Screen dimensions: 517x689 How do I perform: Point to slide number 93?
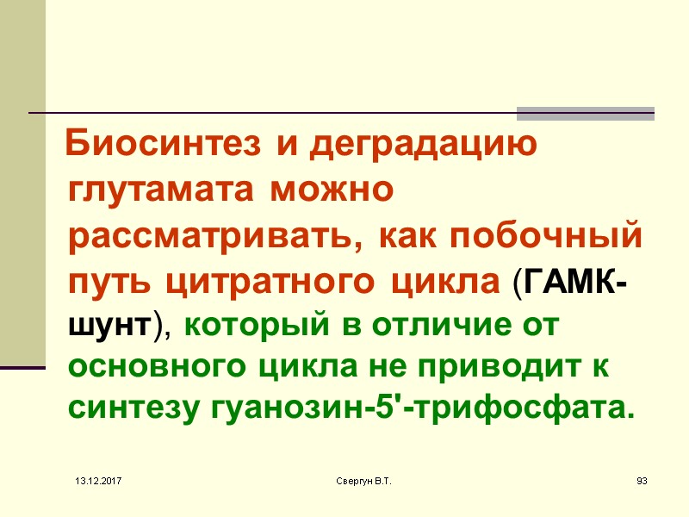(641, 478)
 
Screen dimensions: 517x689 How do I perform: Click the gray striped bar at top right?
(585, 113)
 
